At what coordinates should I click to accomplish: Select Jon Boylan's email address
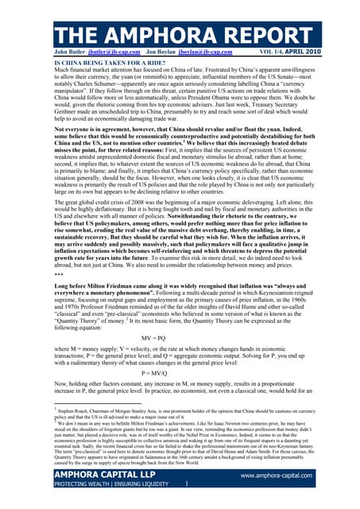(211, 53)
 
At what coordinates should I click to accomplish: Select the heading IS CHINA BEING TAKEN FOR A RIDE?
(99, 62)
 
